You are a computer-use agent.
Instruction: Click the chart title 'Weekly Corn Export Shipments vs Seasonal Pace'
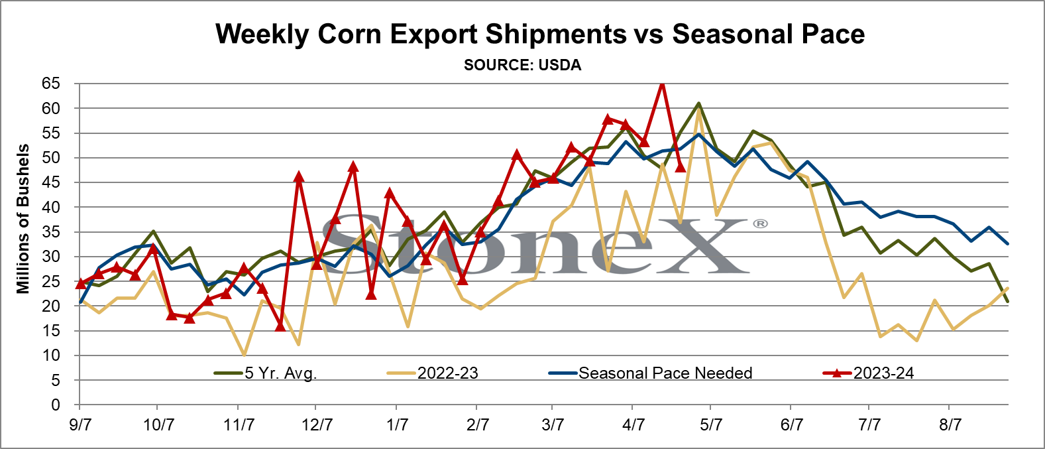[x=540, y=34]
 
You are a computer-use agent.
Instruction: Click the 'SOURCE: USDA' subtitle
[x=522, y=65]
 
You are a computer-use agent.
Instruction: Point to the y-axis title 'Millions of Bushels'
[x=23, y=219]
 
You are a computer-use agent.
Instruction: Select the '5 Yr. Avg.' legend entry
[x=266, y=373]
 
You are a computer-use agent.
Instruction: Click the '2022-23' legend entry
[x=433, y=373]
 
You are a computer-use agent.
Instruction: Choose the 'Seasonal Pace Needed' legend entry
[x=650, y=373]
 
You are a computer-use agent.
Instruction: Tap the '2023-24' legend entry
[x=868, y=373]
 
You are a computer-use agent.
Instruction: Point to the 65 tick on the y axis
[x=51, y=84]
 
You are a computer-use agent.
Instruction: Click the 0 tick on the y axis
[x=56, y=405]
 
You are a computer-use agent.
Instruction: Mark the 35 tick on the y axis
[x=51, y=232]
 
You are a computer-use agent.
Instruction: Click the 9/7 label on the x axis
[x=80, y=425]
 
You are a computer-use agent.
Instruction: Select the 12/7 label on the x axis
[x=317, y=425]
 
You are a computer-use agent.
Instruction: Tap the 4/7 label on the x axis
[x=633, y=425]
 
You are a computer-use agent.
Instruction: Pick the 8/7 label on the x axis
[x=950, y=425]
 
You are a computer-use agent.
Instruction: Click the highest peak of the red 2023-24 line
[x=661, y=83]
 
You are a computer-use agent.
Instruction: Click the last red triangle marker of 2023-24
[x=680, y=166]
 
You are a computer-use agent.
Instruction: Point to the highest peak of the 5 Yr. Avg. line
[x=698, y=103]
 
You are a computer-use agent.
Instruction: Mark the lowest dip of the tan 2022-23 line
[x=244, y=355]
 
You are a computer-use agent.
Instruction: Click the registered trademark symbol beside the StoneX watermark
[x=761, y=224]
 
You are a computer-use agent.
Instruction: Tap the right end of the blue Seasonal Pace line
[x=1008, y=243]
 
